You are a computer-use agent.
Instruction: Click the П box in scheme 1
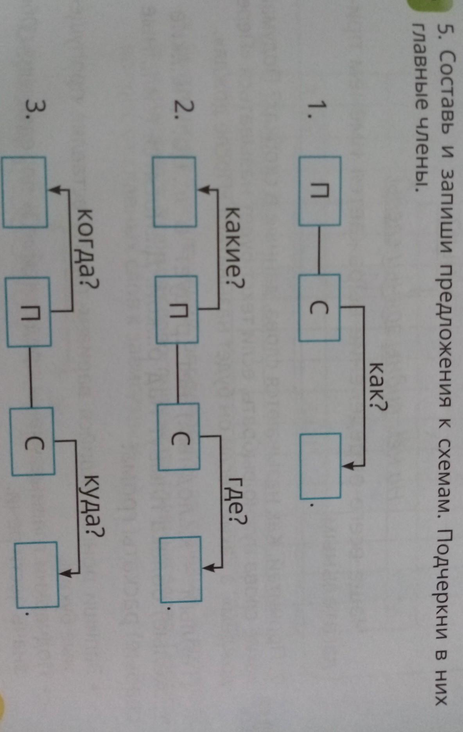point(320,191)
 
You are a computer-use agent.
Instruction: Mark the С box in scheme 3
point(32,441)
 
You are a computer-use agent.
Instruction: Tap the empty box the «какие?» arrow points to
point(174,192)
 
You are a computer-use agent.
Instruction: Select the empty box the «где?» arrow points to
point(181,569)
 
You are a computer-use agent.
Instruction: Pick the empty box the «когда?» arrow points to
point(25,192)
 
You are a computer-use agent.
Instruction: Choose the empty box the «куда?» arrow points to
point(37,574)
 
